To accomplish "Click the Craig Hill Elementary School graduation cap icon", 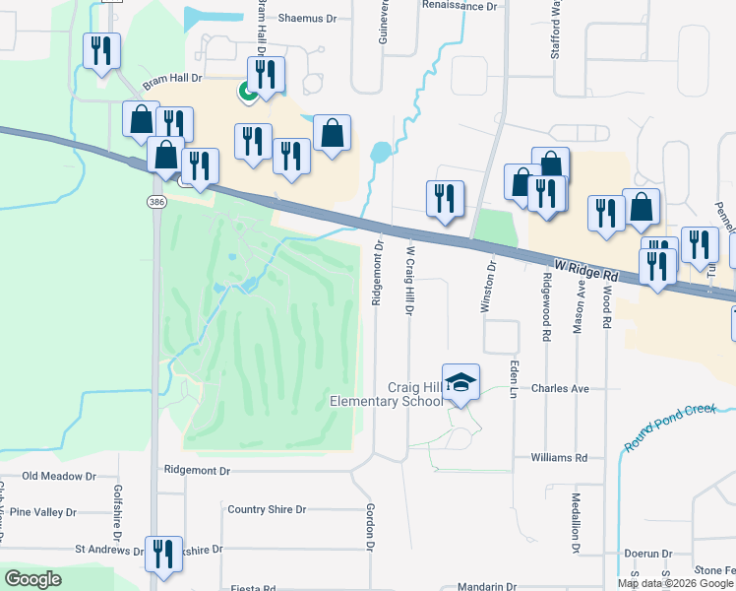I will point(460,380).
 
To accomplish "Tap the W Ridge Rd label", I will point(584,267).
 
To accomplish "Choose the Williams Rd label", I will point(558,458).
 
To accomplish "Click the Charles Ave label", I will point(560,389).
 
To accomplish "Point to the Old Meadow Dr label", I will point(59,477).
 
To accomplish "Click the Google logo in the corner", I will point(32,579).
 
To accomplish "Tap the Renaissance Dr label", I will point(460,6).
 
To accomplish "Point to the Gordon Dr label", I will point(371,526).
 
